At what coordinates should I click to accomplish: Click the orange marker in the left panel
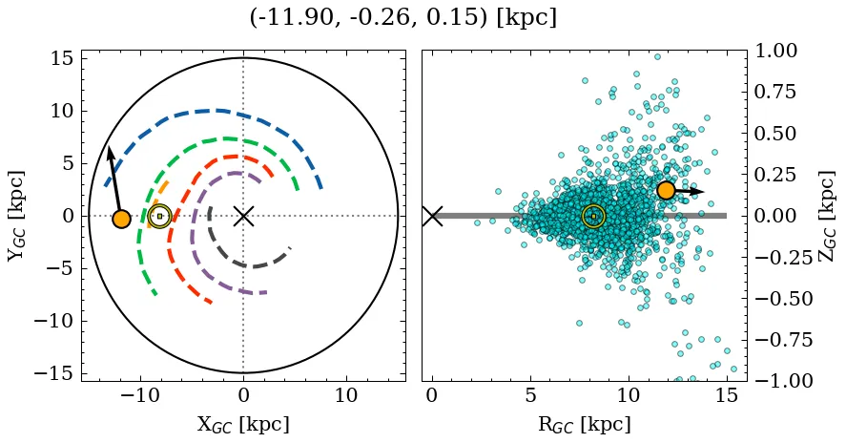tap(121, 219)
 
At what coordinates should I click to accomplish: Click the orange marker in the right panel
tap(666, 190)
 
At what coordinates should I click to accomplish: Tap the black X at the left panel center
tap(243, 216)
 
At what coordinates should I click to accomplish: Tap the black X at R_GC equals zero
tap(432, 216)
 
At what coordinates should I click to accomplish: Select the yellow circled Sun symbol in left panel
tap(159, 217)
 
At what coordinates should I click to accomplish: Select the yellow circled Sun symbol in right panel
tap(593, 217)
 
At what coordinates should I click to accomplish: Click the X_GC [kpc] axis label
tap(242, 424)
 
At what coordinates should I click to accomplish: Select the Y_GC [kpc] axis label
tap(16, 216)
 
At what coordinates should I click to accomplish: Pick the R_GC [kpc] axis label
tap(585, 424)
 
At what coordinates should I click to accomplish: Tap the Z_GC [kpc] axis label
tap(827, 216)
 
